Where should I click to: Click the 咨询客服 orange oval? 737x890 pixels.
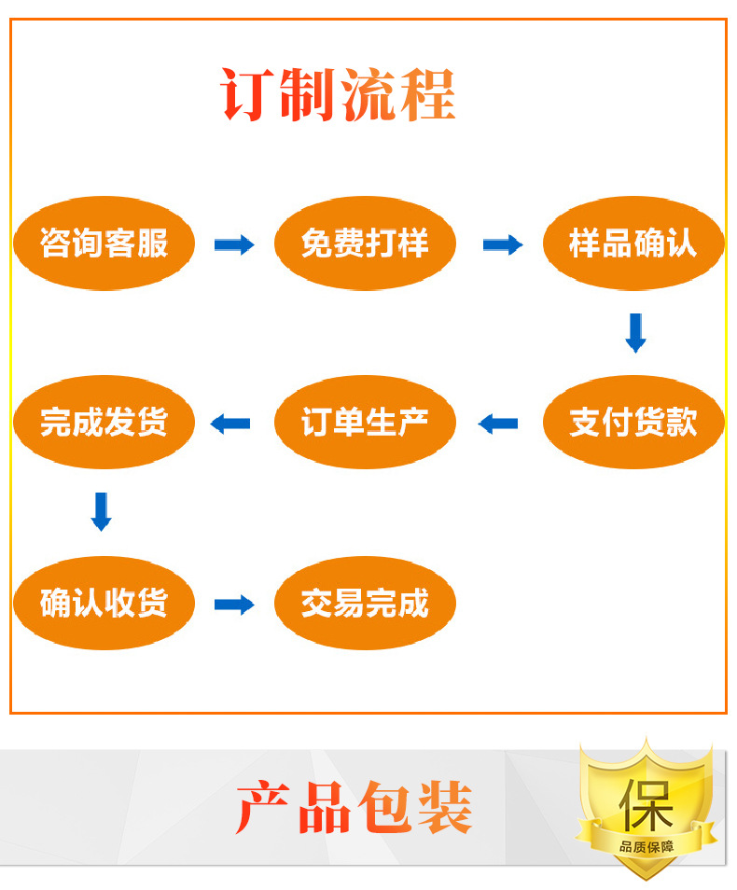click(x=104, y=243)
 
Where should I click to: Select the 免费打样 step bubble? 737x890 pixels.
click(x=365, y=243)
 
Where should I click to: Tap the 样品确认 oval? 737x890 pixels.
click(x=633, y=243)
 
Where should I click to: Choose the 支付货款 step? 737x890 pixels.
click(x=633, y=422)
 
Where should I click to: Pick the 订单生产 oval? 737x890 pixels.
click(x=365, y=422)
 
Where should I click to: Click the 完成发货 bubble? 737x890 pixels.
click(x=104, y=422)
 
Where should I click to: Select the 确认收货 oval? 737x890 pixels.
click(x=104, y=603)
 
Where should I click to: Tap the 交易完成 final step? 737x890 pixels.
click(x=365, y=603)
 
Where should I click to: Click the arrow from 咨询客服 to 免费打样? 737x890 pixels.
click(x=234, y=244)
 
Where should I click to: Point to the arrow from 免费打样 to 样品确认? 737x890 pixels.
click(x=502, y=244)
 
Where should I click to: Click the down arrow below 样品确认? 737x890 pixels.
click(x=635, y=333)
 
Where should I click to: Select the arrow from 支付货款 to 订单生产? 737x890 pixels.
click(x=498, y=424)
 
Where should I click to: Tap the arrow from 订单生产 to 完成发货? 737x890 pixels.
click(x=230, y=424)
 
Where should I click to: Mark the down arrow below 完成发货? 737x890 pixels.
click(x=102, y=511)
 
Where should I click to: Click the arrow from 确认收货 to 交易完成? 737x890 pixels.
click(x=234, y=604)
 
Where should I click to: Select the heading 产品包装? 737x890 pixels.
click(x=355, y=808)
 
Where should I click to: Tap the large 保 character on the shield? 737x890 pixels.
click(x=647, y=802)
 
